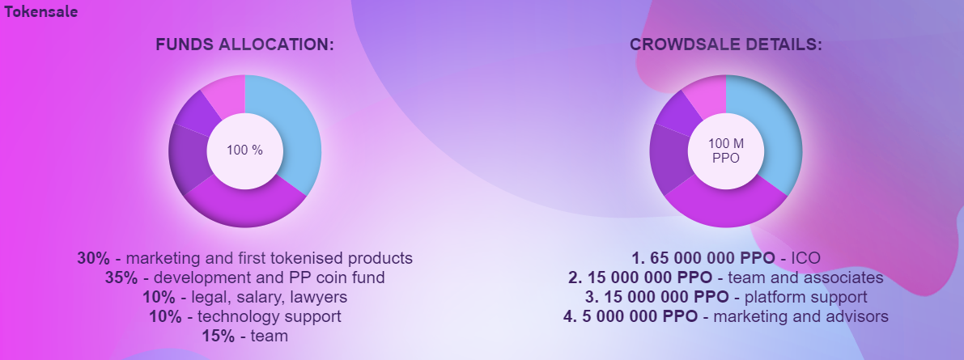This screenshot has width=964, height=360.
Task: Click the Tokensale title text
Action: [x=40, y=11]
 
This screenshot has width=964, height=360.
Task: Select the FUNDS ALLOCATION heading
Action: [x=244, y=44]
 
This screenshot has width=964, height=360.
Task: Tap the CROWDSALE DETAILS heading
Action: [x=725, y=44]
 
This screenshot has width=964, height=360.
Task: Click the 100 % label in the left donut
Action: [x=244, y=150]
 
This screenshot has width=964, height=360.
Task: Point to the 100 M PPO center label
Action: [x=725, y=150]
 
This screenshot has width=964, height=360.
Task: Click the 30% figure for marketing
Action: [x=93, y=258]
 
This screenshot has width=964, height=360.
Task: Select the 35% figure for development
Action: [x=121, y=277]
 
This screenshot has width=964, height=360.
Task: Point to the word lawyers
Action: [x=321, y=298]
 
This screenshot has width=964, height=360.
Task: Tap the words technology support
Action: [x=270, y=317]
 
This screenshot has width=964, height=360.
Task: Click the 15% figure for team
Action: [x=219, y=337]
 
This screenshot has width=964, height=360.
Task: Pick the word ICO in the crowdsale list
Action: [x=805, y=258]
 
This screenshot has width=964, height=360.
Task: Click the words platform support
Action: [x=806, y=298]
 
